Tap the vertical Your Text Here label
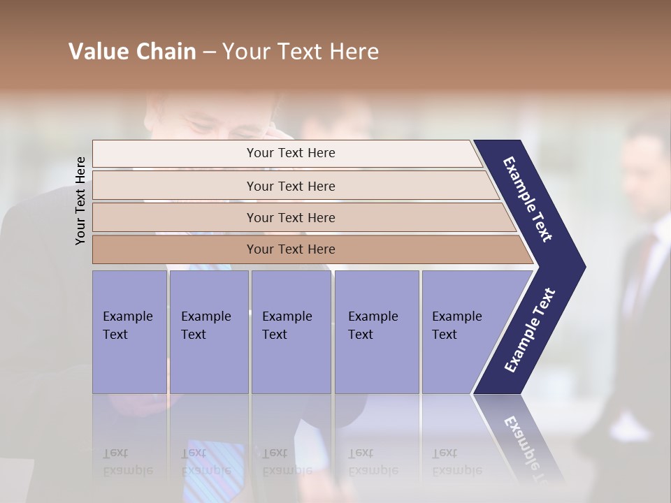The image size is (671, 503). [x=80, y=201]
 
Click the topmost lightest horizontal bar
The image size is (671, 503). [x=290, y=153]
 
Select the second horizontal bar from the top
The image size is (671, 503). [x=290, y=186]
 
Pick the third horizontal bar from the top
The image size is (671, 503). [x=290, y=217]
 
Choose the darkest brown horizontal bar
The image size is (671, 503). [x=290, y=249]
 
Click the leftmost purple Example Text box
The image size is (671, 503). [x=129, y=331]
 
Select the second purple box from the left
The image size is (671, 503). [x=208, y=331]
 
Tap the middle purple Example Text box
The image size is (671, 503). [x=291, y=331]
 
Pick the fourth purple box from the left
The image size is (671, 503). [x=376, y=331]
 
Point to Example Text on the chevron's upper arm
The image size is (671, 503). [x=528, y=199]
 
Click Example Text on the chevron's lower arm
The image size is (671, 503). [x=529, y=330]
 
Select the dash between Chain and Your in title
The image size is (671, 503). [x=209, y=52]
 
